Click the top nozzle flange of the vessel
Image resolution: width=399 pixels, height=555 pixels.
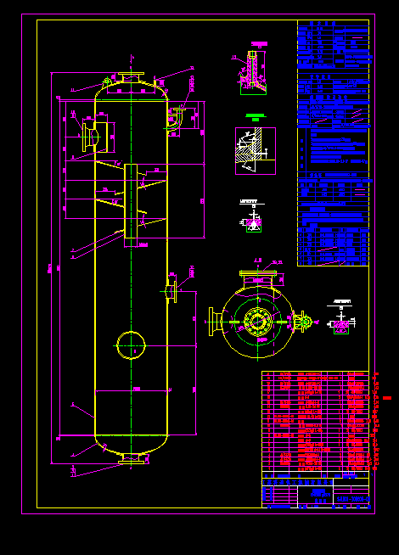[131, 79]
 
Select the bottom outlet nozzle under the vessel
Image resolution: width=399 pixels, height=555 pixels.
[131, 459]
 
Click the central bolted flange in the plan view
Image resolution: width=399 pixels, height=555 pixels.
[256, 322]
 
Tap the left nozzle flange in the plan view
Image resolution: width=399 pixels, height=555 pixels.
[213, 322]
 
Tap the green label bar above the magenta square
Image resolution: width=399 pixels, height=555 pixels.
[255, 115]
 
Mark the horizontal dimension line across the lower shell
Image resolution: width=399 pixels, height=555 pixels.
[131, 390]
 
